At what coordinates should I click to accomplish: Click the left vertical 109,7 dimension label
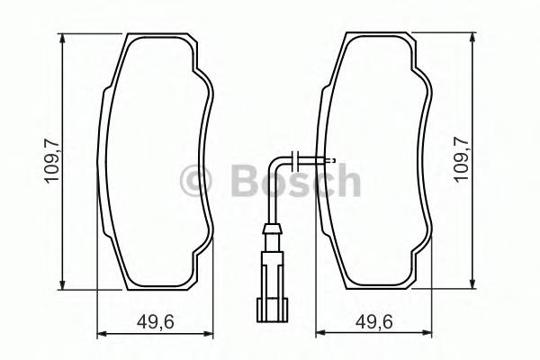coord(51,163)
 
